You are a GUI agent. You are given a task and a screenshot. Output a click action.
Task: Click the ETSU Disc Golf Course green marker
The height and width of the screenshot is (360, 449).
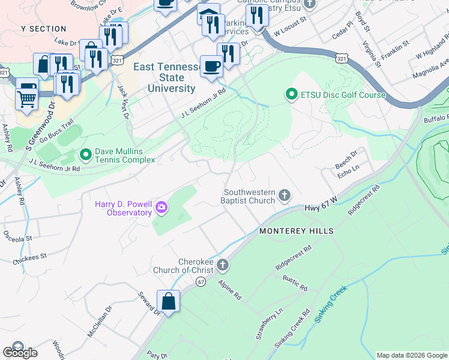coord(291,94)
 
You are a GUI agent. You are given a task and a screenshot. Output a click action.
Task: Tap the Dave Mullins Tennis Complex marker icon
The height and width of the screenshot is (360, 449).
coord(85,155)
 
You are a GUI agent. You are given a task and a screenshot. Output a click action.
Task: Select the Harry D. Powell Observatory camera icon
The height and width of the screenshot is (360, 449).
coord(161,208)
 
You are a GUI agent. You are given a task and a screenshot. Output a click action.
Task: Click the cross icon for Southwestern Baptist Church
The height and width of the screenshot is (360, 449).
coord(285,195)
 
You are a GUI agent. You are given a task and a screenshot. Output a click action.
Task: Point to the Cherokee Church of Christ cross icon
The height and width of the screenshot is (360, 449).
coord(223,265)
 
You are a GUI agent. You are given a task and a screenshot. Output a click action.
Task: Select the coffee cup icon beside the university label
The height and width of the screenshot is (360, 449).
coord(211,66)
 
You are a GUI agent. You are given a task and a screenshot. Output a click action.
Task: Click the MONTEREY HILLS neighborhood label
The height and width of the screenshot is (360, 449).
coord(296,231)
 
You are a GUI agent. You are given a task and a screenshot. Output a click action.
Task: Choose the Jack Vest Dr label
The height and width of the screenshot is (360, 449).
coord(123,103)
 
